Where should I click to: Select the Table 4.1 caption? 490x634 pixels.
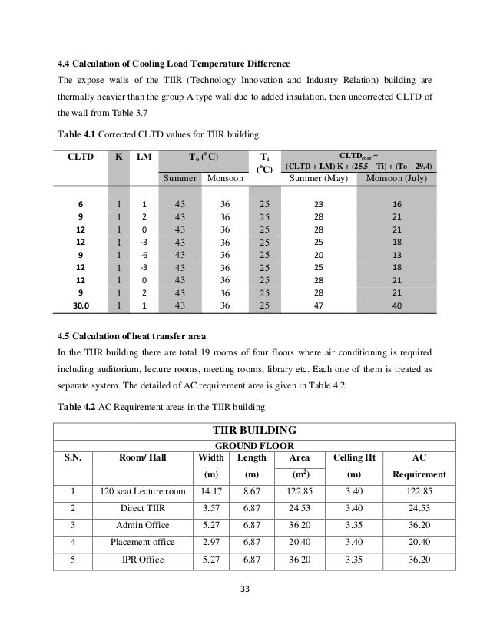[x=157, y=131]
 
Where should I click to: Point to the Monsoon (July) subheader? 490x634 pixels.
[x=399, y=178]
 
